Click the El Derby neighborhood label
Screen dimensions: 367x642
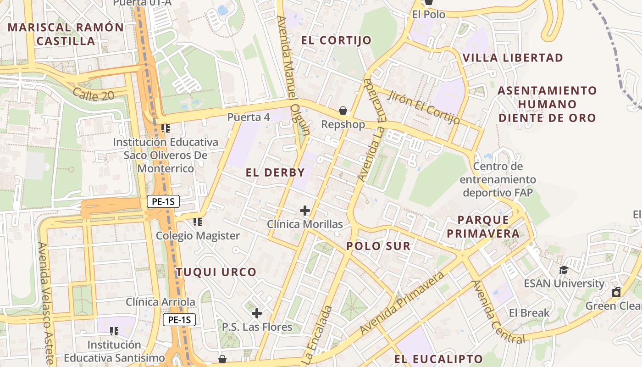coord(275,173)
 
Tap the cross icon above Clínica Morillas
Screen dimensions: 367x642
coord(304,211)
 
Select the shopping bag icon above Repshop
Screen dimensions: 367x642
coord(343,111)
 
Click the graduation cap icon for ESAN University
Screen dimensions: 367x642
coord(564,270)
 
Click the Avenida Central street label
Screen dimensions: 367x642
coord(498,311)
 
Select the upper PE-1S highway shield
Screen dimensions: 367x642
coord(163,201)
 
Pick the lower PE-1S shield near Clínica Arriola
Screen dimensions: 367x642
coord(179,320)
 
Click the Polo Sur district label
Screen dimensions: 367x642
coord(378,246)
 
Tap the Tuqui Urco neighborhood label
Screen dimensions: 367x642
coord(216,272)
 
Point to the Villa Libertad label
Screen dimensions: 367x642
coord(513,58)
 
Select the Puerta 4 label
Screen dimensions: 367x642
coord(249,117)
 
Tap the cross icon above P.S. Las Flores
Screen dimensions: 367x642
coord(257,313)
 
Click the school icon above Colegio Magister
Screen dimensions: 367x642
coord(198,222)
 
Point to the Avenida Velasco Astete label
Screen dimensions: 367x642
coord(47,303)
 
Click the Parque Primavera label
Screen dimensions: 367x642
coord(483,227)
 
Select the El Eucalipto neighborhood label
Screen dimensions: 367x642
coord(438,359)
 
